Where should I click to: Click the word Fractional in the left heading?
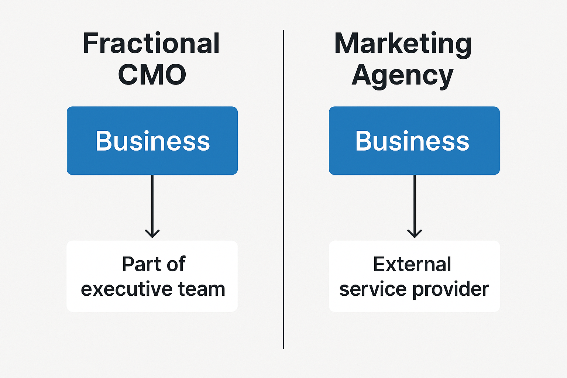tap(151, 44)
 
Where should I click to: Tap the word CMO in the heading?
tap(152, 75)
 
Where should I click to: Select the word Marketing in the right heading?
tap(403, 44)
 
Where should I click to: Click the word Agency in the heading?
tap(402, 76)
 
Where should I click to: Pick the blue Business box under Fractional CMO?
tap(152, 141)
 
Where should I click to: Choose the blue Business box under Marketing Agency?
tap(414, 141)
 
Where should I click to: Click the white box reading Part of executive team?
tap(152, 276)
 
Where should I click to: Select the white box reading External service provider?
tap(414, 276)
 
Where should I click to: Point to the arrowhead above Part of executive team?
tap(152, 234)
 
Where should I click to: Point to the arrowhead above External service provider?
tap(415, 234)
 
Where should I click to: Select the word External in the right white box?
tap(412, 264)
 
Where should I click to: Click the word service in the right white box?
tap(373, 289)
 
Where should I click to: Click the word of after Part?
tap(176, 264)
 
